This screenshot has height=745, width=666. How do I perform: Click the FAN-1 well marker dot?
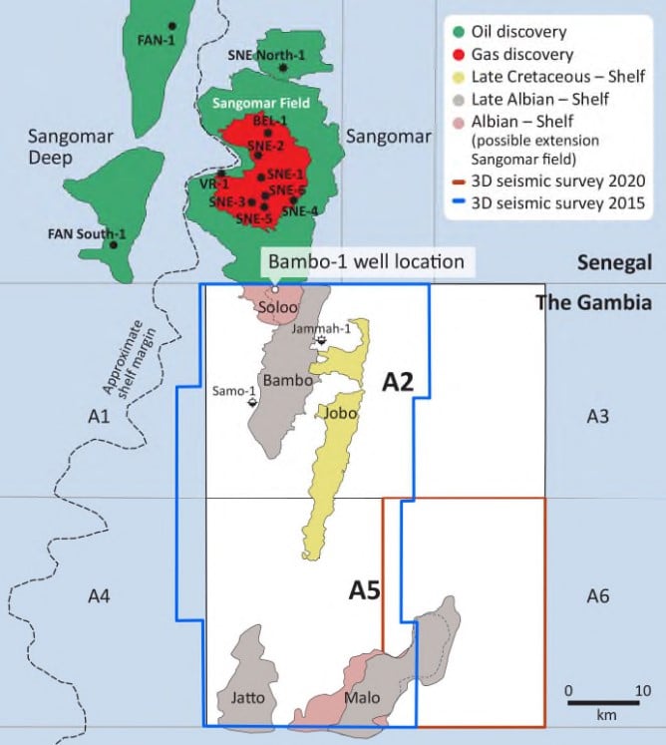pos(172,25)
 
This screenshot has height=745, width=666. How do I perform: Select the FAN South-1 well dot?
pos(113,244)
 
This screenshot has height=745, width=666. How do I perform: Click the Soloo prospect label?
pos(279,307)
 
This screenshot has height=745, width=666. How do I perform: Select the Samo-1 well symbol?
pos(253,401)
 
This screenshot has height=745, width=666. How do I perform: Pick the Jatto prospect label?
pos(247,697)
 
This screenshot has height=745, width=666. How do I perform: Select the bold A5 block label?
pos(366,590)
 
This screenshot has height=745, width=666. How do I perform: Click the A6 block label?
pos(598,596)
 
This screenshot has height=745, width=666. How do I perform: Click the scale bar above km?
pos(603,702)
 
